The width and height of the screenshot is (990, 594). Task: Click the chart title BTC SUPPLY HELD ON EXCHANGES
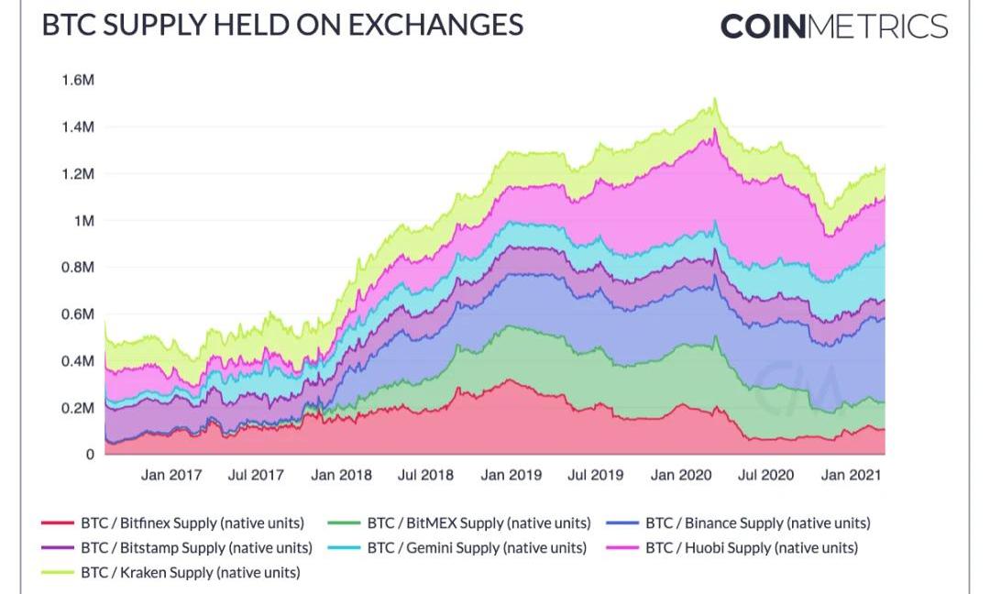(282, 25)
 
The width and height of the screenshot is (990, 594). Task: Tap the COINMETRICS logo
(833, 26)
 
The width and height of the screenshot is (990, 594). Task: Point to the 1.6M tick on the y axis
(78, 80)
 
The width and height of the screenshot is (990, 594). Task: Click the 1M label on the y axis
(84, 220)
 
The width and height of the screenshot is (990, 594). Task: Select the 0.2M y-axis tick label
(78, 407)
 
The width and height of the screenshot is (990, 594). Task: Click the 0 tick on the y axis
(90, 454)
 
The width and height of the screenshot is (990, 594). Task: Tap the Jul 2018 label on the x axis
(425, 475)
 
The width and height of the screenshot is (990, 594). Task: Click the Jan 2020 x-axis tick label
(680, 475)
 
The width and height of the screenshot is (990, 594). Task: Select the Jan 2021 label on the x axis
(850, 475)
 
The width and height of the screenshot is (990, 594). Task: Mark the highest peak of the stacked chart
(715, 99)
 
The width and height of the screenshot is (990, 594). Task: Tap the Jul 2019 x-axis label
(595, 475)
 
